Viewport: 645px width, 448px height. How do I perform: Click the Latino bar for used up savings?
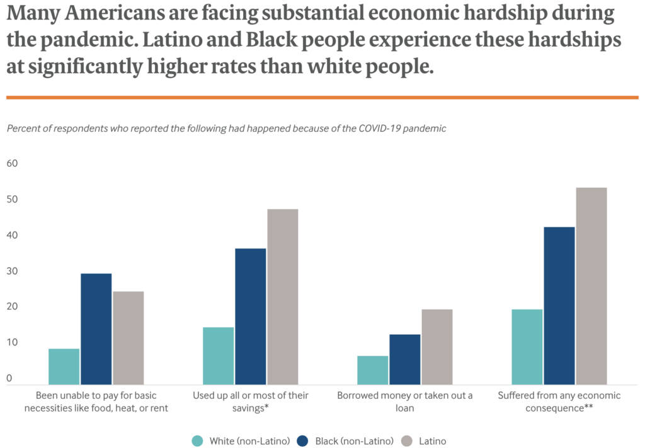click(282, 296)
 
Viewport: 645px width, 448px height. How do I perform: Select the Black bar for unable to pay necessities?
click(96, 328)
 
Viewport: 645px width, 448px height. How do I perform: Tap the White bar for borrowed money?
click(372, 370)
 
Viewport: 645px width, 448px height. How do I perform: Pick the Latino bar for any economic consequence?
click(591, 286)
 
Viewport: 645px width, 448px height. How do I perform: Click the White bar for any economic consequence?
click(527, 347)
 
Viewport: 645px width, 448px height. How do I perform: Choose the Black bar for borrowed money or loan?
click(404, 359)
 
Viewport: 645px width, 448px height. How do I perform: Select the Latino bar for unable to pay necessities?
click(128, 338)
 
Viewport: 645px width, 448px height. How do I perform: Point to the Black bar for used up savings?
click(250, 316)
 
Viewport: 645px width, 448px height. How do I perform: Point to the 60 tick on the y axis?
click(13, 164)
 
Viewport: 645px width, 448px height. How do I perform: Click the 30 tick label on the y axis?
click(13, 271)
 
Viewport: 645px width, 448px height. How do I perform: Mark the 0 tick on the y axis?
click(9, 378)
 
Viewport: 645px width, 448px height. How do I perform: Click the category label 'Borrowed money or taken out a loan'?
click(404, 401)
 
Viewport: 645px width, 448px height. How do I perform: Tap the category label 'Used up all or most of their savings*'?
click(250, 401)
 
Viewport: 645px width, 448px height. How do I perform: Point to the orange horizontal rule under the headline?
click(322, 98)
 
